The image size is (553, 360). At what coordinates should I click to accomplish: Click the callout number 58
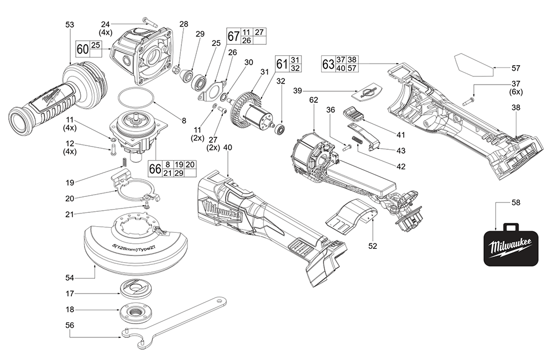tap(515, 203)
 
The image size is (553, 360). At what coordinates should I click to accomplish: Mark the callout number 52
tap(373, 245)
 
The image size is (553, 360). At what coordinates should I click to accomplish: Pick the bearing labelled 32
tap(280, 129)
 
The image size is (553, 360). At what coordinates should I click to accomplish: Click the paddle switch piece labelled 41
tap(353, 114)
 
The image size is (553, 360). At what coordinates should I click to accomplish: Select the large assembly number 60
tap(82, 49)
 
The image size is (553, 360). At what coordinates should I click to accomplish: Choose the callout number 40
tap(228, 148)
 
